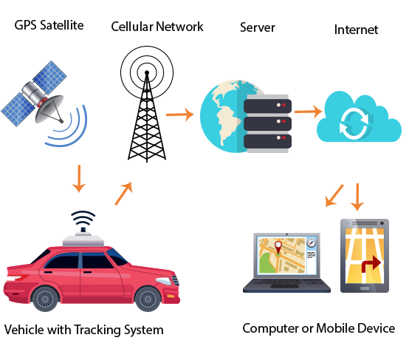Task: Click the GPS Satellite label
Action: [x=49, y=25]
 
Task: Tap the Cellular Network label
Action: [x=157, y=27]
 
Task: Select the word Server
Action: [x=258, y=27]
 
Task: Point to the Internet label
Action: [x=356, y=30]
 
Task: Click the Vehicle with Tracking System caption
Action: [x=83, y=330]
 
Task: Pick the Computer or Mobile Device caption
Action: [x=318, y=328]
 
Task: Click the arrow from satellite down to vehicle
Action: [x=79, y=179]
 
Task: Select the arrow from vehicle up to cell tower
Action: [x=123, y=194]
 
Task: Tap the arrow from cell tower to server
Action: [x=180, y=115]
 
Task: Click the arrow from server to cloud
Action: [x=309, y=112]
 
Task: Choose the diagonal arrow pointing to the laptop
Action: [x=334, y=196]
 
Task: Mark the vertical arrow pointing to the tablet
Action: [x=357, y=197]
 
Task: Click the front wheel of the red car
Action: [x=148, y=299]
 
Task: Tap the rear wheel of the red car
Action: [x=45, y=299]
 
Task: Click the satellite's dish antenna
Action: [x=50, y=109]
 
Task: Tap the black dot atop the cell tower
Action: [x=147, y=72]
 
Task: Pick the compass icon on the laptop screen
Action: [x=311, y=243]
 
